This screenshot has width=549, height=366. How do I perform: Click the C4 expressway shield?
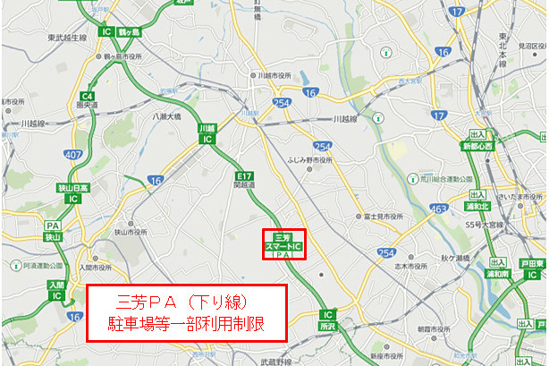click(88, 96)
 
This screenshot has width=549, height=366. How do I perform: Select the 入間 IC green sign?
click(54, 289)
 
